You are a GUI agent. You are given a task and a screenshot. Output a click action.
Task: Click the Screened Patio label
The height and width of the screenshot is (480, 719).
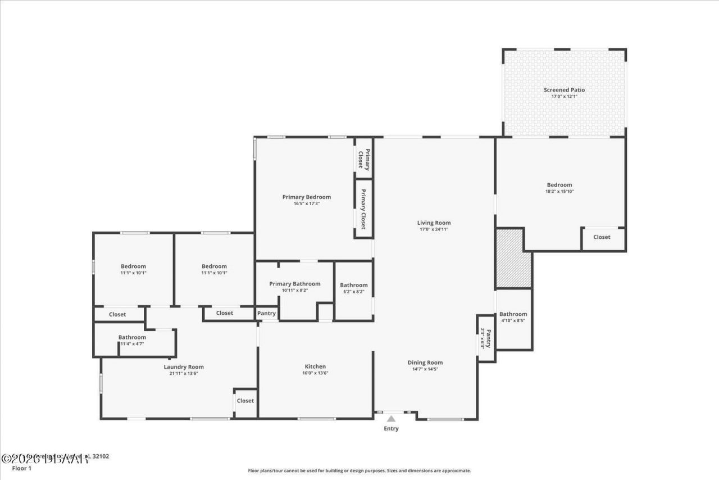pos(564,90)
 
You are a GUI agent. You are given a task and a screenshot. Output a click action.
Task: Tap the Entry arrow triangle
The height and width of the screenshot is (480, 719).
pos(391,418)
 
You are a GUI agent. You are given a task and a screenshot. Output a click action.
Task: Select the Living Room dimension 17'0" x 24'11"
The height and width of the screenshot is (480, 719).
pos(434,229)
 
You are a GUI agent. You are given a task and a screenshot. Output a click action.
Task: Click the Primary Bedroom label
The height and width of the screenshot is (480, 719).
pos(306,197)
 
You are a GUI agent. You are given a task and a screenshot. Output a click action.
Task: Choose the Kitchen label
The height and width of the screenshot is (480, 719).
pos(315,366)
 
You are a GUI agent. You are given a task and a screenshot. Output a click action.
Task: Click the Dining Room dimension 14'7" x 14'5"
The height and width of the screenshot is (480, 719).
pos(425,369)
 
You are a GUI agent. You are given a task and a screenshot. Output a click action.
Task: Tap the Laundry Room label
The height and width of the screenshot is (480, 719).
pos(184,367)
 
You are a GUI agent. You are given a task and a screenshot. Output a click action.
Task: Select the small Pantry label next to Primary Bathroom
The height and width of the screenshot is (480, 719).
pos(266,313)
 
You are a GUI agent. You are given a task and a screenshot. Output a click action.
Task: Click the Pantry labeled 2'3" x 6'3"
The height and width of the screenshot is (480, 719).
pos(486,338)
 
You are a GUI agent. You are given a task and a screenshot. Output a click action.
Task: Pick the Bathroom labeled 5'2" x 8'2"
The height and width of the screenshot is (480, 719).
pos(353,286)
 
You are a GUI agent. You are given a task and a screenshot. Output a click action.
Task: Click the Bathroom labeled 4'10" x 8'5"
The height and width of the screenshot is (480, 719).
pos(513,315)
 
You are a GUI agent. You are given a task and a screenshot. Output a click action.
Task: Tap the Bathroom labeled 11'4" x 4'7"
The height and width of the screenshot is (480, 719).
pos(132,338)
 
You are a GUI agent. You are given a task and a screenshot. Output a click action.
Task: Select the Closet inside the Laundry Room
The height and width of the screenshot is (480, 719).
pos(245,401)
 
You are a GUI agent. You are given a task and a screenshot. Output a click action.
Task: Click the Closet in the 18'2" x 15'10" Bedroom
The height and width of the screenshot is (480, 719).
pos(601,237)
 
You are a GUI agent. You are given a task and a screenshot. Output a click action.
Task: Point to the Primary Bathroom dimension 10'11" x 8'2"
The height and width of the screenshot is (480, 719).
pos(294,291)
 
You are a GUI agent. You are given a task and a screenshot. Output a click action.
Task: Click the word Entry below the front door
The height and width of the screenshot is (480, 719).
pos(391,429)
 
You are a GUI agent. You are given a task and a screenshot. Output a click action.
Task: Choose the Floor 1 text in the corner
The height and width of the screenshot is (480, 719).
pos(21,468)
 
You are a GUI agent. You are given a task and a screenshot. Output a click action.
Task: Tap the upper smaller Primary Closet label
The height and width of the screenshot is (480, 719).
pos(364,159)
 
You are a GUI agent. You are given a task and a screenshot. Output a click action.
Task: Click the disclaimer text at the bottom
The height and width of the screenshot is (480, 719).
pos(359,471)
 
